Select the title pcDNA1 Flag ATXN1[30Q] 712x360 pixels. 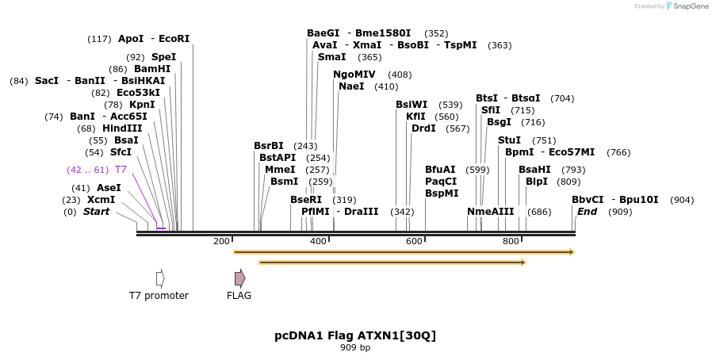point(355,335)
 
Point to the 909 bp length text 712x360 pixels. point(355,347)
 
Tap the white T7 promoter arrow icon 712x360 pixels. point(160,278)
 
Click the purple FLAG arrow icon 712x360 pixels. point(239,278)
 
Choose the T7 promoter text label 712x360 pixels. point(159,296)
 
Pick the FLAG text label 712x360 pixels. point(239,296)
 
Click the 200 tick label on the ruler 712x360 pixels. point(221,241)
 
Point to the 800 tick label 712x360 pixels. point(511,241)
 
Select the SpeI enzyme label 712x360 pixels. point(163,57)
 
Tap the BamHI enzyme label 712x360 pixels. point(152,69)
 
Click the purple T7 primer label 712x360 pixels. point(121,170)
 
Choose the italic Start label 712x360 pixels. point(96,212)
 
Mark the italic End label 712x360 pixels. point(587,212)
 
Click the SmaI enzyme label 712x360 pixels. point(331,57)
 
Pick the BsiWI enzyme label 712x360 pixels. point(412,105)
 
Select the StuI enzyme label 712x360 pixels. point(509,140)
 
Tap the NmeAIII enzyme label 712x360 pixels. point(490,212)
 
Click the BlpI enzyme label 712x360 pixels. point(536,182)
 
